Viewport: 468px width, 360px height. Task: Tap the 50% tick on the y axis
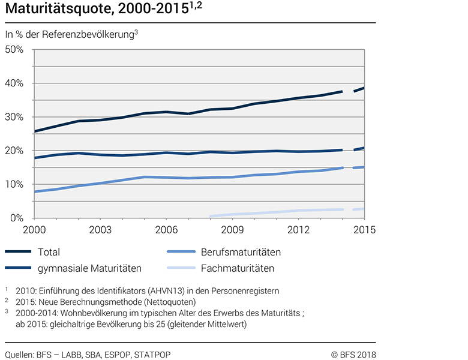[x=14, y=49]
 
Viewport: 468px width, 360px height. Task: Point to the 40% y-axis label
[x=14, y=83]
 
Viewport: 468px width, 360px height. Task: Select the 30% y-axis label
[x=14, y=117]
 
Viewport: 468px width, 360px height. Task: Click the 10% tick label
[x=14, y=184]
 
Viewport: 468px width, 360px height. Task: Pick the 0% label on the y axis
[x=16, y=218]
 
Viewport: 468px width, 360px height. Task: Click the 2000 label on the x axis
[x=35, y=230]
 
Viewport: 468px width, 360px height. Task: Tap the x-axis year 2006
[x=166, y=230]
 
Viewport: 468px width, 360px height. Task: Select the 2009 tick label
[x=232, y=230]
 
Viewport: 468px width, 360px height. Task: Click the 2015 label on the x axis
[x=363, y=230]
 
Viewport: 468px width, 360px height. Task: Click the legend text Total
[x=49, y=253]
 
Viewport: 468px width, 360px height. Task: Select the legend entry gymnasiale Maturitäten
[x=89, y=268]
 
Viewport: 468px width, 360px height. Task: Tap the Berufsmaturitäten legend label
[x=241, y=253]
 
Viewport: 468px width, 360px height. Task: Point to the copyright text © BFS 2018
[x=353, y=354]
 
